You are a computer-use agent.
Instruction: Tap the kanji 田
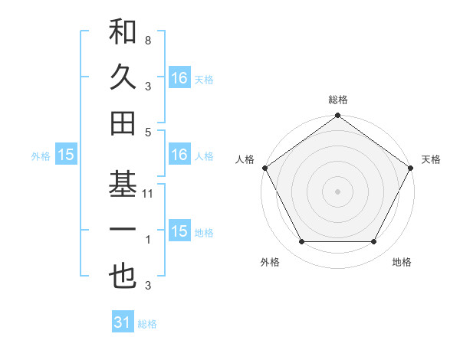pyautogui.click(x=123, y=123)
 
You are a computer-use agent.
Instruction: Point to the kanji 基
pyautogui.click(x=123, y=185)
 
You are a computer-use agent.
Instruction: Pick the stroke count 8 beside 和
pyautogui.click(x=148, y=40)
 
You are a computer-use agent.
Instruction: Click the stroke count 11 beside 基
pyautogui.click(x=149, y=194)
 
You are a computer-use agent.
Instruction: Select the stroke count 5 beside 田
pyautogui.click(x=148, y=132)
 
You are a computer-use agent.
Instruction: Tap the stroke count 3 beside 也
pyautogui.click(x=148, y=286)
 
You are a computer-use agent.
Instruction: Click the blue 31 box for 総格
pyautogui.click(x=123, y=322)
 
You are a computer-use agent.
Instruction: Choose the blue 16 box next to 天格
pyautogui.click(x=179, y=77)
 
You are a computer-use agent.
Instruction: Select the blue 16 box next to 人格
pyautogui.click(x=179, y=155)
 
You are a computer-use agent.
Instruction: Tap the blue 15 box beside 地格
pyautogui.click(x=179, y=231)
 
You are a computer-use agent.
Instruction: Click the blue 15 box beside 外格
pyautogui.click(x=66, y=155)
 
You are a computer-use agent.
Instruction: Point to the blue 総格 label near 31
pyautogui.click(x=147, y=324)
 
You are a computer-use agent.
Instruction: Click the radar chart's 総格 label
pyautogui.click(x=337, y=100)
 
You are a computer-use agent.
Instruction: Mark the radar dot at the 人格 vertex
pyautogui.click(x=265, y=168)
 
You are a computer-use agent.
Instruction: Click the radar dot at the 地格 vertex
pyautogui.click(x=374, y=242)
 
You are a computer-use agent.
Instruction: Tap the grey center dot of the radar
pyautogui.click(x=337, y=191)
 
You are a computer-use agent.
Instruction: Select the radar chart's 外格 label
pyautogui.click(x=270, y=262)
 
